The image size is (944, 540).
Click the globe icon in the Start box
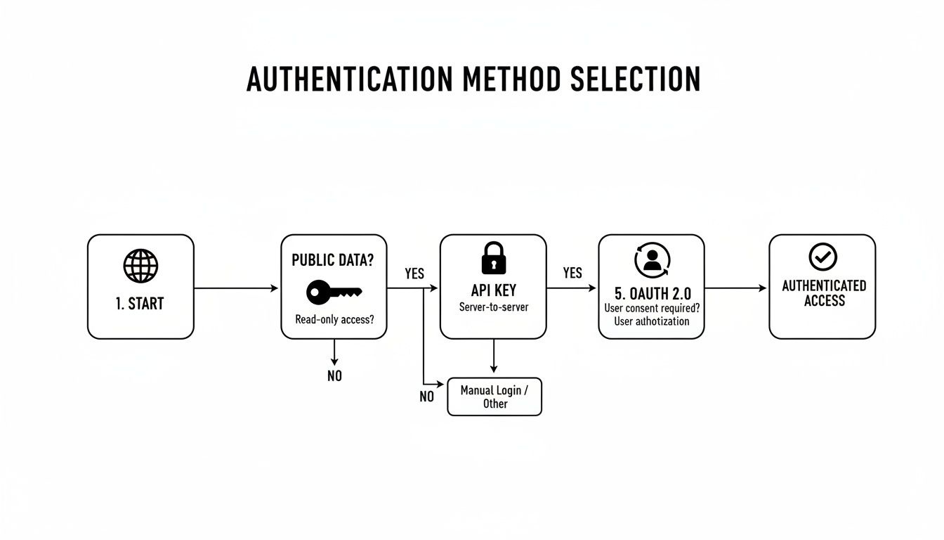click(140, 266)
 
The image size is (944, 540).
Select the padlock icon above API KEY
click(493, 258)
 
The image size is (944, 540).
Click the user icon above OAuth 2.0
click(652, 259)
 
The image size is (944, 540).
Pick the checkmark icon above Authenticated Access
click(822, 257)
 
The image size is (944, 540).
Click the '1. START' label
click(140, 304)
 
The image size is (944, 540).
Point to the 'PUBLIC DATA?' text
click(333, 259)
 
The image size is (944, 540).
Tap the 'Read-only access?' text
click(334, 319)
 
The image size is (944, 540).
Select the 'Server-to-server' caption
click(493, 307)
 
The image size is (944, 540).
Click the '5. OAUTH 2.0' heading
click(651, 293)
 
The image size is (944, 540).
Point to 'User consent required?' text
click(652, 308)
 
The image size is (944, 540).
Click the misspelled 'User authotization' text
click(652, 321)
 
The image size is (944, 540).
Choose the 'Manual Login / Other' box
click(494, 397)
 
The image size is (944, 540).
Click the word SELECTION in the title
click(635, 79)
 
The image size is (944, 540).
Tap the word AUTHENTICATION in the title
click(349, 79)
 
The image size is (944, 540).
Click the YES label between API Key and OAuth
click(572, 273)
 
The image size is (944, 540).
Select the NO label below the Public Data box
click(334, 376)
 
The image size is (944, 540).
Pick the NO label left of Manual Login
click(426, 397)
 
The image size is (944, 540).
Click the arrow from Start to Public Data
click(237, 288)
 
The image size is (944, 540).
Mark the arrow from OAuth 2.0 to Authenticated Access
click(736, 288)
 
